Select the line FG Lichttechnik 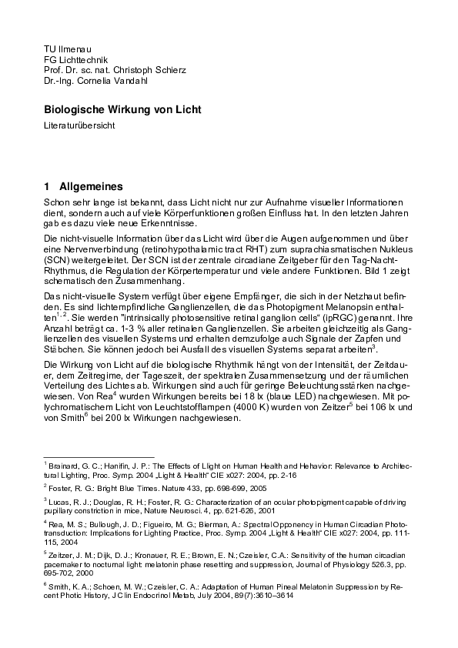point(75,59)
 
